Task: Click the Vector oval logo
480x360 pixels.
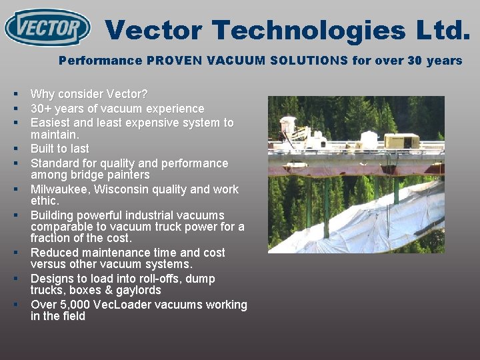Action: tap(47, 28)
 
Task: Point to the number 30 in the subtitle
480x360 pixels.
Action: tap(415, 61)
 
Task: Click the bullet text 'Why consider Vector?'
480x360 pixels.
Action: tap(89, 94)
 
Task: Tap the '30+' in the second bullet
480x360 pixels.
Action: tap(41, 108)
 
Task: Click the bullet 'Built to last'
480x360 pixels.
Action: tap(59, 149)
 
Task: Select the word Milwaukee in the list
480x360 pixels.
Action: tap(60, 189)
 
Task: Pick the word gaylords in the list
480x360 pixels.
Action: tap(138, 291)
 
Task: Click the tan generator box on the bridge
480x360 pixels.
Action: tap(403, 141)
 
